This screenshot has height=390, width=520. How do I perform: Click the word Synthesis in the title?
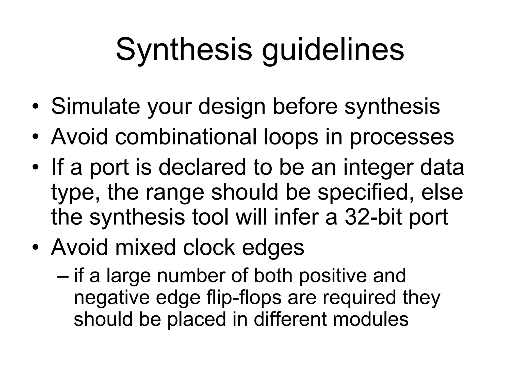pyautogui.click(x=184, y=50)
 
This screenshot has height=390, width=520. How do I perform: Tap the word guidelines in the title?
pyautogui.click(x=333, y=50)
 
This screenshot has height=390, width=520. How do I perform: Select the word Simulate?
pyautogui.click(x=95, y=106)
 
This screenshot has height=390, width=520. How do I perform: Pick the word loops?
pyautogui.click(x=291, y=137)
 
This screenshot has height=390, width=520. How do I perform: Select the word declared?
pyautogui.click(x=202, y=167)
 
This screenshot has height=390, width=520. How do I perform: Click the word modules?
pyautogui.click(x=370, y=319)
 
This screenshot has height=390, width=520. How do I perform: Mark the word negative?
pyautogui.click(x=112, y=298)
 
